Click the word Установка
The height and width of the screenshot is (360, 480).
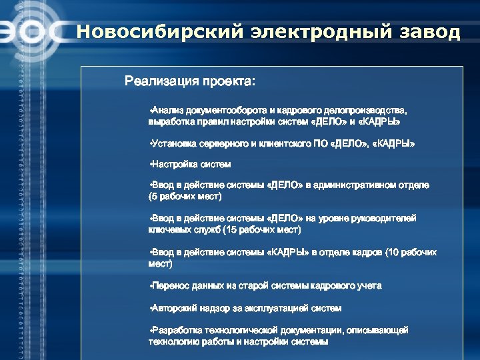pos(173,143)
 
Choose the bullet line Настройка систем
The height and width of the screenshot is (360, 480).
pos(191,164)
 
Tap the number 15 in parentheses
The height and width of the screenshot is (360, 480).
pos(230,230)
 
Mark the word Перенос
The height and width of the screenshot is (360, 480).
pos(171,286)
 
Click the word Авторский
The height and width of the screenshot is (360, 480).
pos(173,309)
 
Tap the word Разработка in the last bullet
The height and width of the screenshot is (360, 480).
pos(175,331)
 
